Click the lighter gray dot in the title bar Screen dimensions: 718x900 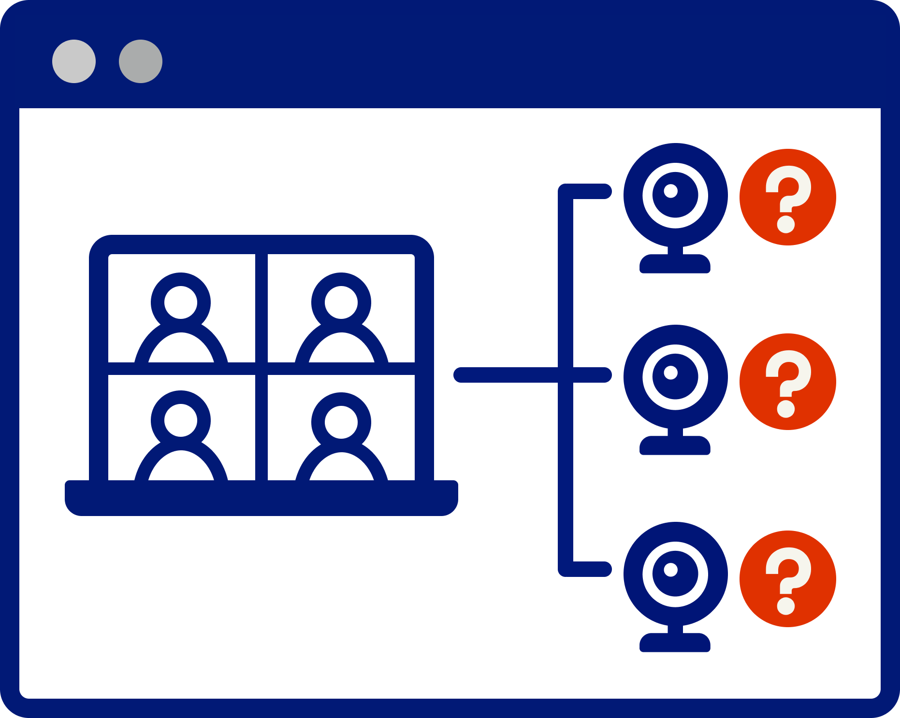(x=74, y=61)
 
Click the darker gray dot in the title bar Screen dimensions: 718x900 (x=141, y=61)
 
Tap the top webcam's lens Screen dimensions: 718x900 (x=675, y=195)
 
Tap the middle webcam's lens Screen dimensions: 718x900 (x=675, y=377)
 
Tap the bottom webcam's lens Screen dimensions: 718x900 (x=675, y=574)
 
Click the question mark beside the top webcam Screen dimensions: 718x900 (x=787, y=197)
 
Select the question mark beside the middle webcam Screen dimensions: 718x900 (x=787, y=382)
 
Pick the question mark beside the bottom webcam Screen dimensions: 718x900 (x=787, y=579)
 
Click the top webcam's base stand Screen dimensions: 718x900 (x=675, y=264)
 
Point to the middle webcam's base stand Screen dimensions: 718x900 (x=675, y=446)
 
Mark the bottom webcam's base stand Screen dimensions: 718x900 (x=675, y=643)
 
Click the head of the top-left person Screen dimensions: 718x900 (x=181, y=302)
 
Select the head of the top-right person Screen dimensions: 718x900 (x=341, y=302)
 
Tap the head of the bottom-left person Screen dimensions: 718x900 (x=181, y=420)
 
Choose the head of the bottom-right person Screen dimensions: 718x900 (x=341, y=422)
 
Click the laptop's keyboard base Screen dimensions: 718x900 (x=261, y=498)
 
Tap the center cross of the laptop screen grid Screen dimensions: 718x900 (x=261, y=368)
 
